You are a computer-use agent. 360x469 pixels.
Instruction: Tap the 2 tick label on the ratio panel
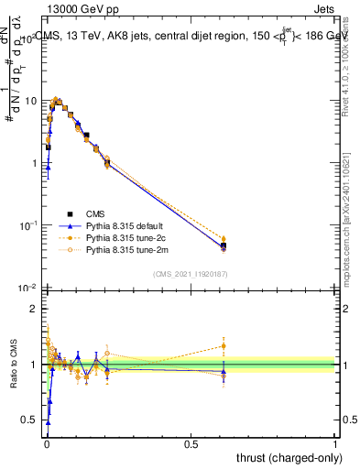tap(33, 309)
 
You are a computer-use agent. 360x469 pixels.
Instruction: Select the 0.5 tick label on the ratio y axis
tap(29, 420)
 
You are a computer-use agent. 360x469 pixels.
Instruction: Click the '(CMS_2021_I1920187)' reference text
tap(191, 274)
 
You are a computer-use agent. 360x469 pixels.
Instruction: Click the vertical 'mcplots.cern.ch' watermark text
tap(348, 229)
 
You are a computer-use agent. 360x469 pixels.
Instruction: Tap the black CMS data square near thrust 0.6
tap(224, 245)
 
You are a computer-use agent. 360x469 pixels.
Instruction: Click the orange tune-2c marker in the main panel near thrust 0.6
tap(224, 239)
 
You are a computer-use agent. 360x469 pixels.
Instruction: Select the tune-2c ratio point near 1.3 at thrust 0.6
tap(224, 346)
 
